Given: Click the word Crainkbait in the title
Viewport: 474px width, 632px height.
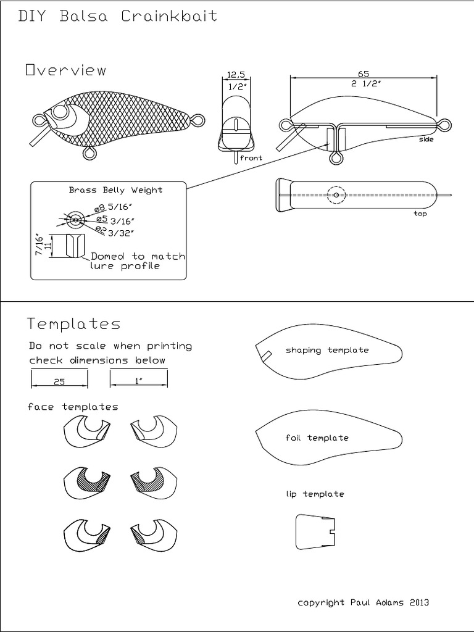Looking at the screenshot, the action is coord(169,17).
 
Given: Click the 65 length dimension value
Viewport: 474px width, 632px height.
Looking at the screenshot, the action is coord(364,73).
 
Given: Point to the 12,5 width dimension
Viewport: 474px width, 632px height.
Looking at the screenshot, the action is coord(236,75).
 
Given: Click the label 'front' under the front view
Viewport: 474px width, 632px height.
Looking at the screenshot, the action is coord(251,158).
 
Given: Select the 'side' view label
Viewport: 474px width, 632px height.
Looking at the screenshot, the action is coord(426,139).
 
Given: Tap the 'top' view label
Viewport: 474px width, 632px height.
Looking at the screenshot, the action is coord(420,214).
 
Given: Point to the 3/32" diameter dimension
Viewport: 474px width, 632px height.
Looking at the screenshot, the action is coord(121,233).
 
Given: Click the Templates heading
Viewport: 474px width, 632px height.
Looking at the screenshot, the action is coord(74,324).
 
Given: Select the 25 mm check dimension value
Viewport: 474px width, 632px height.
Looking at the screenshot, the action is coord(59,382).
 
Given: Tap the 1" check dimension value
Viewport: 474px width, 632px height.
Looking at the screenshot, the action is coord(138,382).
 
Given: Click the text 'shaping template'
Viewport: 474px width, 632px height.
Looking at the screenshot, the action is coord(327,351).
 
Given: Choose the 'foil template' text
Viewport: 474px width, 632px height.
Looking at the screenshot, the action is coord(317,438).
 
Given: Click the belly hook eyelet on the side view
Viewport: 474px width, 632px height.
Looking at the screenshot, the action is coord(336,159).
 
